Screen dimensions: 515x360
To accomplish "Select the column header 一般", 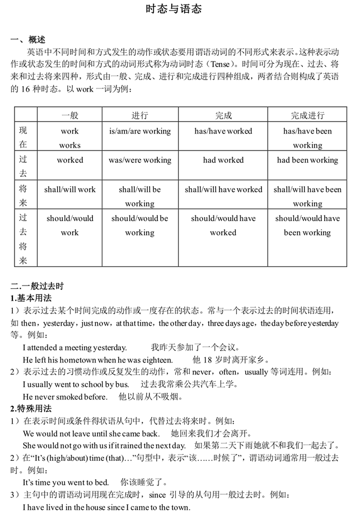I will point(70,115).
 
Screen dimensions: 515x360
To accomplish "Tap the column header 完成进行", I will point(307,115).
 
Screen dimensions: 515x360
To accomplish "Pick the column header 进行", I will point(139,115).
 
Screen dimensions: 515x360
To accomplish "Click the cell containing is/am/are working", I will point(139,131).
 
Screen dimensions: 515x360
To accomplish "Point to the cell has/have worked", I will point(223,131).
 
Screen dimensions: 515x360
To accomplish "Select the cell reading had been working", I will point(307,160).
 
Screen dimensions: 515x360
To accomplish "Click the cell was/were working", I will point(139,160).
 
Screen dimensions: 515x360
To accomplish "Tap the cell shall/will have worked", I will point(223,189).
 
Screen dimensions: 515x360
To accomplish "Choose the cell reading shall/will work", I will point(70,189).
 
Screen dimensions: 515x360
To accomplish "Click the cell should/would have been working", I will point(307,226).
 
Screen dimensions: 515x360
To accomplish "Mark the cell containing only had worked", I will point(223,160).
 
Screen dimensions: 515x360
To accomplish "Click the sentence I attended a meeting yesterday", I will point(74,348).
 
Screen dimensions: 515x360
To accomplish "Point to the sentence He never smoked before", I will point(65,397).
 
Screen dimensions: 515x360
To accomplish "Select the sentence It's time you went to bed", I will point(66,483).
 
